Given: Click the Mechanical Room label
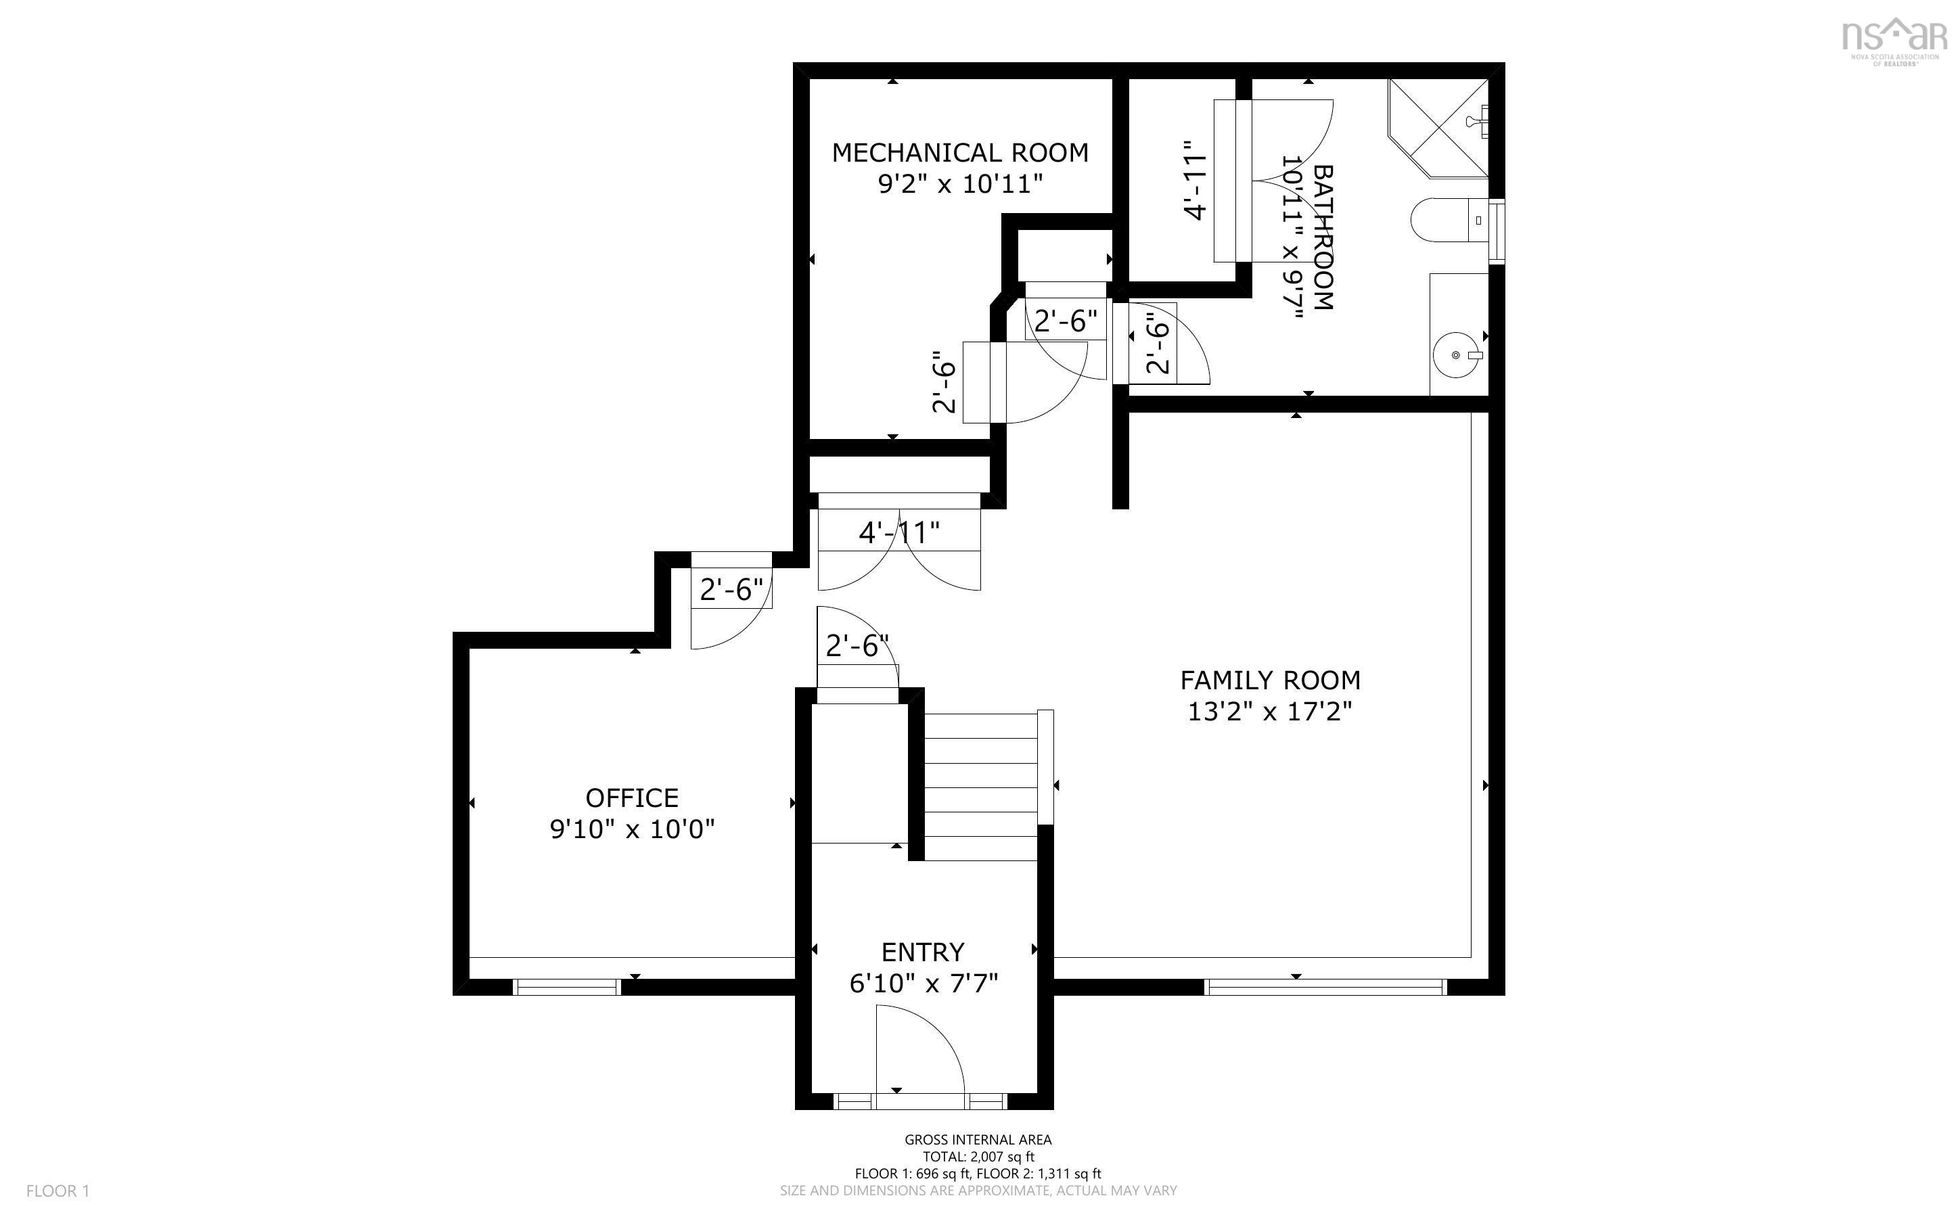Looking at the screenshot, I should tap(960, 153).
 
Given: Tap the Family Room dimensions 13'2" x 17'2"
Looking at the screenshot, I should tap(1270, 712).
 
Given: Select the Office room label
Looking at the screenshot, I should tap(632, 798).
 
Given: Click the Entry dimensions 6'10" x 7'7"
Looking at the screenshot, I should tap(924, 984).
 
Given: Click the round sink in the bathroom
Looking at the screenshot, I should tap(1456, 355).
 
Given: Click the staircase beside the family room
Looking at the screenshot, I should tap(980, 786).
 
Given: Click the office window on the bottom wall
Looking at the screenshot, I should tap(567, 987).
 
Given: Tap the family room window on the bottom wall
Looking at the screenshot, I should tap(1325, 987).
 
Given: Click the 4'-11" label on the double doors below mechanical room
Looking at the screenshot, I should tap(899, 533).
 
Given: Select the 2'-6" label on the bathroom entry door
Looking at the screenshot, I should tap(1158, 344).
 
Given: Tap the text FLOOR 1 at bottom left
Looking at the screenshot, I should tap(58, 1191).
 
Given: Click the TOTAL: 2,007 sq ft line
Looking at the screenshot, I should tap(978, 1157).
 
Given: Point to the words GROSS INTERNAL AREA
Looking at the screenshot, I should tap(978, 1140).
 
